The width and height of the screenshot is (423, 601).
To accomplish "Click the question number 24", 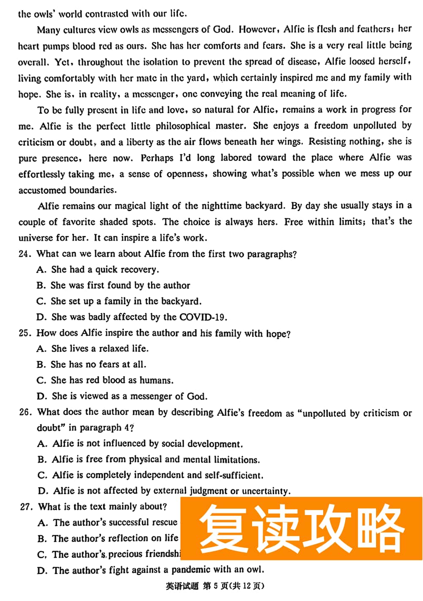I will pyautogui.click(x=24, y=254).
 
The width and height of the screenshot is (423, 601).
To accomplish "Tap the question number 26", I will pyautogui.click(x=25, y=412).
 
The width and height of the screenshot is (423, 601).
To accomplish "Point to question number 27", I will pyautogui.click(x=26, y=507).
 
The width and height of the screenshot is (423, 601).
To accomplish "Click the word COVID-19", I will pyautogui.click(x=203, y=317).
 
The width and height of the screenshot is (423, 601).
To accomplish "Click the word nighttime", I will pyautogui.click(x=222, y=206).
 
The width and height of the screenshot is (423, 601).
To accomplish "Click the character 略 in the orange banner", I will pyautogui.click(x=376, y=529).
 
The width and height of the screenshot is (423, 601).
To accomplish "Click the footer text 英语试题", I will pyautogui.click(x=181, y=586).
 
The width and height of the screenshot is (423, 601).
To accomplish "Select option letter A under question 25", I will pyautogui.click(x=41, y=349).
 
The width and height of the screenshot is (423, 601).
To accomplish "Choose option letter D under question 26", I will pyautogui.click(x=42, y=491).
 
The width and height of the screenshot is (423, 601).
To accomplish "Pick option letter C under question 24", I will pyautogui.click(x=41, y=301).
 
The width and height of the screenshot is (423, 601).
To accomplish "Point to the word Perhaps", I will pyautogui.click(x=157, y=158).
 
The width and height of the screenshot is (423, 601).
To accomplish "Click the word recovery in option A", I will pyautogui.click(x=139, y=269).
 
